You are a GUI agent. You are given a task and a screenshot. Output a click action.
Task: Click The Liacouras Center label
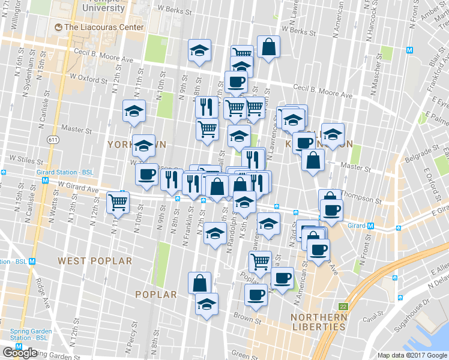[104, 27]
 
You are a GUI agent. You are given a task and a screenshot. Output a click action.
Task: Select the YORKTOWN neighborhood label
[136, 145]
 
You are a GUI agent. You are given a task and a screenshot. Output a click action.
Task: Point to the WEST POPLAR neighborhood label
[95, 261]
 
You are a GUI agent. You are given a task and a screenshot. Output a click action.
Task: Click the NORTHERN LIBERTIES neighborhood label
[318, 322]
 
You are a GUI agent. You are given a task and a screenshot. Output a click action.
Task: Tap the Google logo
[20, 353]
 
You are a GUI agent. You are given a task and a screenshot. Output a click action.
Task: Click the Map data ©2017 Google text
[412, 355]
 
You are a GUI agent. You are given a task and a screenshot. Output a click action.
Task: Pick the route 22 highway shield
[342, 306]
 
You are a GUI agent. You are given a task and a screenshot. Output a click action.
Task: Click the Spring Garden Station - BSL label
[25, 334]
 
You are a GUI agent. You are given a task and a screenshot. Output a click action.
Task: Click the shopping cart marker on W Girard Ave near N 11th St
[118, 202]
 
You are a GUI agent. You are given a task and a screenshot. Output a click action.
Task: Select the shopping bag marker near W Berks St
[269, 47]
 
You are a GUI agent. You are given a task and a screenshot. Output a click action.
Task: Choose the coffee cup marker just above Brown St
[256, 295]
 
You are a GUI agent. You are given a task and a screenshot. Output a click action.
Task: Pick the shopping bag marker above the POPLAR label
[200, 283]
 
